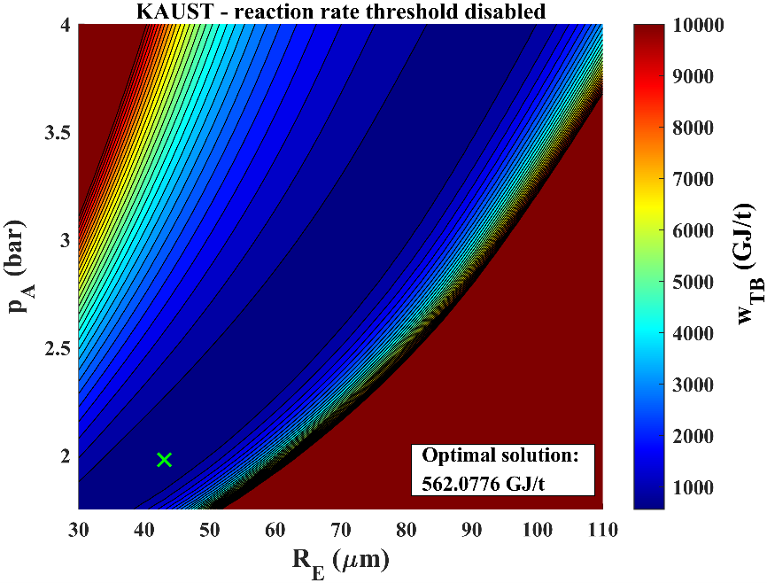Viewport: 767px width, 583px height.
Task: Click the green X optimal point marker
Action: pyautogui.click(x=164, y=459)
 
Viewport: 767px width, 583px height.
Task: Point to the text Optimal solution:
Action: pyautogui.click(x=500, y=456)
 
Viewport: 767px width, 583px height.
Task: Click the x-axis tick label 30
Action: pyautogui.click(x=79, y=529)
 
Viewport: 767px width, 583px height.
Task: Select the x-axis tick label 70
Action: pyautogui.click(x=341, y=529)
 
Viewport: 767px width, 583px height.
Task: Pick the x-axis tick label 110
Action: pyautogui.click(x=602, y=529)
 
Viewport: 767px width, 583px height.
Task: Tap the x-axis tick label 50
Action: pyautogui.click(x=210, y=529)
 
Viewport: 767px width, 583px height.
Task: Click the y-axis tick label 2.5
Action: pyautogui.click(x=57, y=348)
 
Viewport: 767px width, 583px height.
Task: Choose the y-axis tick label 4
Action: pyautogui.click(x=65, y=25)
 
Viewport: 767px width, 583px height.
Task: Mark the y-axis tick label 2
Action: pyautogui.click(x=65, y=456)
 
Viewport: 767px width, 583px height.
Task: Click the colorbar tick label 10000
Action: pyautogui.click(x=700, y=25)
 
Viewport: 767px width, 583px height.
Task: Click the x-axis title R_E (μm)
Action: pyautogui.click(x=341, y=560)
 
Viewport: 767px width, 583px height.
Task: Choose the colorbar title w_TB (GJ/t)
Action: pyautogui.click(x=746, y=266)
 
